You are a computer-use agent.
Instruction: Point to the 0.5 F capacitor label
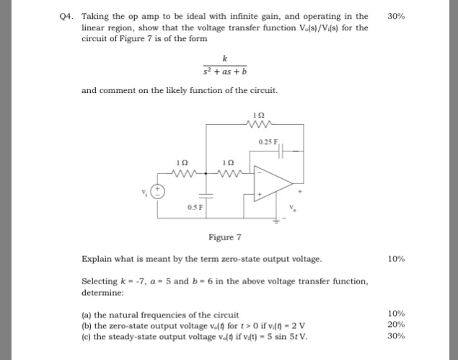[x=193, y=208]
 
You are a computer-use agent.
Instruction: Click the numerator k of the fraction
[x=225, y=58]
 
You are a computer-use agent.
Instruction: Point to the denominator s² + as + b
[x=225, y=71]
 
